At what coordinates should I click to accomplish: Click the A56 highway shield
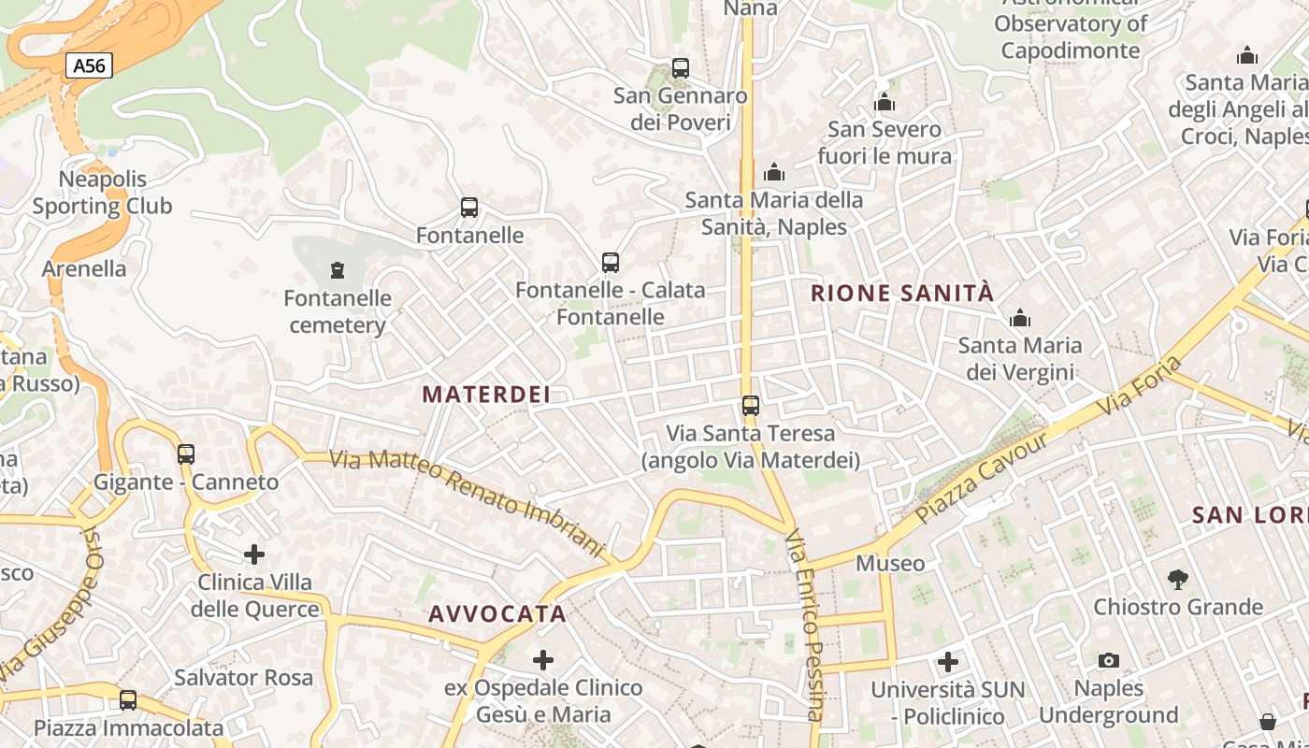coord(90,65)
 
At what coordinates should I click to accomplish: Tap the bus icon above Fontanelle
coord(469,208)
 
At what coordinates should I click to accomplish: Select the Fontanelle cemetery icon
coord(337,271)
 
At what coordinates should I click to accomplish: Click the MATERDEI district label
coord(486,395)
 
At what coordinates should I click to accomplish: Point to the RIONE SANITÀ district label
coord(902,294)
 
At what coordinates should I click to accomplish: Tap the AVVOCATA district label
coord(497,614)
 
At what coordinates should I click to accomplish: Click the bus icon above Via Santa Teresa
coord(750,406)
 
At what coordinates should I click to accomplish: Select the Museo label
coord(890,564)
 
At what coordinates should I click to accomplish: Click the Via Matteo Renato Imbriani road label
coord(467,503)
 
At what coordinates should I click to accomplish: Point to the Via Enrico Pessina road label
coord(805,626)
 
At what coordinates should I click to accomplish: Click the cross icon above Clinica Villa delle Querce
coord(254,554)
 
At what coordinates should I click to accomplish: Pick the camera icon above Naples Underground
coord(1109,661)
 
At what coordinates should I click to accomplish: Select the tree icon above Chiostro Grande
coord(1178,579)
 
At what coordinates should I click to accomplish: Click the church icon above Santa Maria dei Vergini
coord(1020,318)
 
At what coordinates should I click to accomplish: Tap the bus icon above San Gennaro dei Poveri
coord(681,68)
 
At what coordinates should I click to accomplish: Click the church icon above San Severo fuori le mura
coord(885,102)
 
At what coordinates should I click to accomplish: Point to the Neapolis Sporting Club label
coord(103,193)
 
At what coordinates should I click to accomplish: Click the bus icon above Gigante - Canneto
coord(186,454)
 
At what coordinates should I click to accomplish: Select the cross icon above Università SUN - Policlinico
coord(948,662)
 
